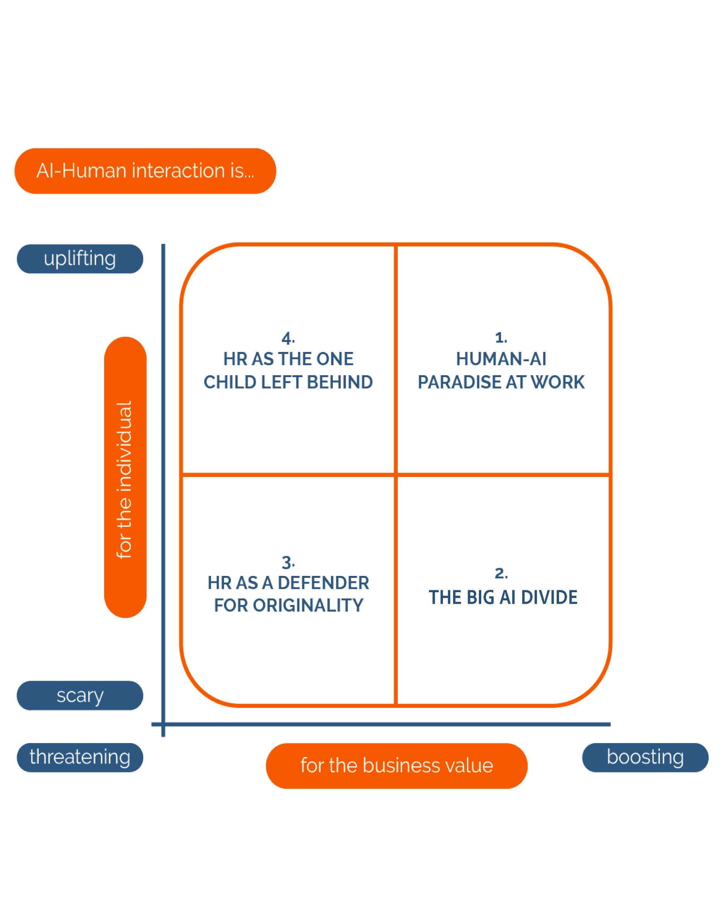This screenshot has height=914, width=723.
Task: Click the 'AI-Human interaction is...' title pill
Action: click(145, 171)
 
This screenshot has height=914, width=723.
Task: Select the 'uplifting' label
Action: click(80, 258)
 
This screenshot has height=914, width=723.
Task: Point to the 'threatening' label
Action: click(80, 757)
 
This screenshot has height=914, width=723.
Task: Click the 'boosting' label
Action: click(645, 757)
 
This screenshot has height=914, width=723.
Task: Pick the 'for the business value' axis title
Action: click(396, 765)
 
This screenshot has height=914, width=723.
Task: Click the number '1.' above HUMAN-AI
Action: click(501, 338)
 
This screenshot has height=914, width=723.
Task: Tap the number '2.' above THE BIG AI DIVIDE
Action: click(501, 574)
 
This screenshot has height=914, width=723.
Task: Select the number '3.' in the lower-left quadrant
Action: click(288, 563)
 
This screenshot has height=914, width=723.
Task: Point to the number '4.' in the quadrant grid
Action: click(288, 338)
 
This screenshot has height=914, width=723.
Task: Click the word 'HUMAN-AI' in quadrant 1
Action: click(501, 359)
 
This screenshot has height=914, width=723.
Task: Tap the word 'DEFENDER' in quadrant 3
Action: click(323, 583)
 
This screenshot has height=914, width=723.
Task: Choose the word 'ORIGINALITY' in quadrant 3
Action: click(308, 605)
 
